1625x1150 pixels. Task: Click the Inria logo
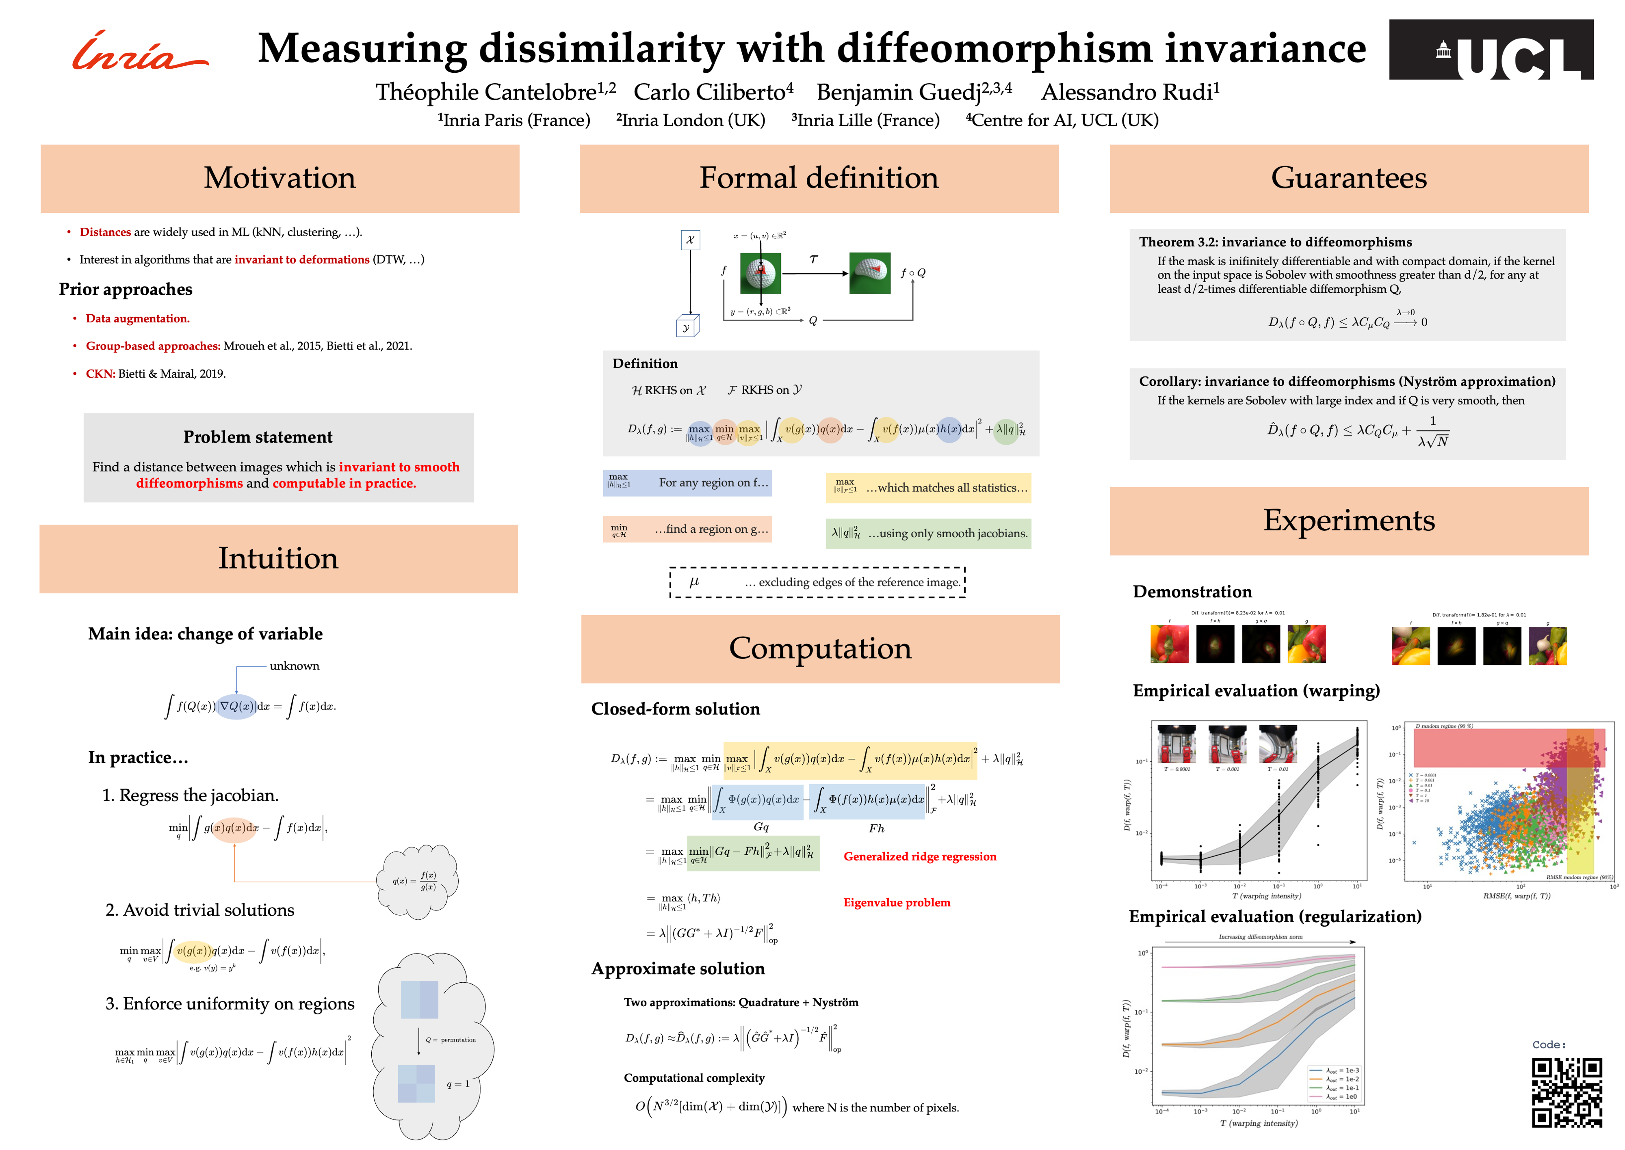(x=140, y=52)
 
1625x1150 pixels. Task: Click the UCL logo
(x=1491, y=50)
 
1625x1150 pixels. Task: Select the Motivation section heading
(x=280, y=178)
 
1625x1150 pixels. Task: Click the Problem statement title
(x=258, y=437)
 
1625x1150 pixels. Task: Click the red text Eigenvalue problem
(x=896, y=902)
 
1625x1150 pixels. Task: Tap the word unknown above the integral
(x=294, y=666)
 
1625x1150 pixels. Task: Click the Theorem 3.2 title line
(x=1275, y=242)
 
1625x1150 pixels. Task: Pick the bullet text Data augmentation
(x=137, y=319)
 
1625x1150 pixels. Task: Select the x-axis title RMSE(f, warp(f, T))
(x=1516, y=896)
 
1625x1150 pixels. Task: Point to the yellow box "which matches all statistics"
(x=928, y=488)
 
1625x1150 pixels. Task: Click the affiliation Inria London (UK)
(x=691, y=120)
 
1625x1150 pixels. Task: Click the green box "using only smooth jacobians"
(x=928, y=533)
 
